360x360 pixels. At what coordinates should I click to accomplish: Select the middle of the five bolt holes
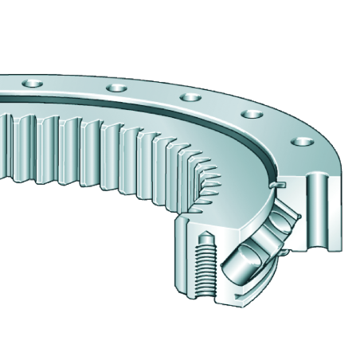190,98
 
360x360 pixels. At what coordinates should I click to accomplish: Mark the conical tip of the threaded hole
204,239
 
